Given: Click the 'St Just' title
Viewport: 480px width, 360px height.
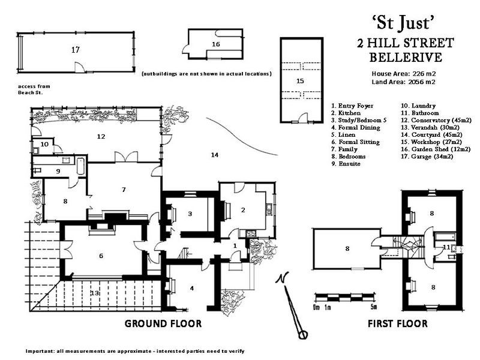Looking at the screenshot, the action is (403, 23).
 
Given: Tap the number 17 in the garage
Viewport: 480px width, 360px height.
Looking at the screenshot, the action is (76, 50).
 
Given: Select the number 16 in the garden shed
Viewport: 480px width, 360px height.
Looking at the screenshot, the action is (216, 44).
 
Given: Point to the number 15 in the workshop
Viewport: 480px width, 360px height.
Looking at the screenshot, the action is (301, 81).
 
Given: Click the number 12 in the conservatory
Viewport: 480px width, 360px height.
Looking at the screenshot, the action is (101, 137).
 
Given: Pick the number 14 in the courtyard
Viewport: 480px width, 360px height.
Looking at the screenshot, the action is (215, 155).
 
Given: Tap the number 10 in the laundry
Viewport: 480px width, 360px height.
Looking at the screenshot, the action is (44, 144).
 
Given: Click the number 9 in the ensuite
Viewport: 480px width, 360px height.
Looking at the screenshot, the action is (58, 172).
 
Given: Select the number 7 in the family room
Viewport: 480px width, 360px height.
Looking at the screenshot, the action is (124, 190).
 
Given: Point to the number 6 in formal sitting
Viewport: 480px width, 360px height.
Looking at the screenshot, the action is (101, 256).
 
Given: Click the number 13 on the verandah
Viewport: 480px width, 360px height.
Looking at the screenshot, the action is (95, 293).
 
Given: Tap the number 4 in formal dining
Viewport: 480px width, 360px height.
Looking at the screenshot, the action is (192, 289).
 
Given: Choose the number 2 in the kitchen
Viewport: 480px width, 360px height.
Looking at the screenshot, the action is (243, 210).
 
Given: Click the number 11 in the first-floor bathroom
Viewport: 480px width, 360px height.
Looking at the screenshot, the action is (446, 247).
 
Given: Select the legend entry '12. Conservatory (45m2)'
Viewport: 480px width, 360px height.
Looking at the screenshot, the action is (436, 121).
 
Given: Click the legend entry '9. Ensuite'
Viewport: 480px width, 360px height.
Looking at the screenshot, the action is (346, 164).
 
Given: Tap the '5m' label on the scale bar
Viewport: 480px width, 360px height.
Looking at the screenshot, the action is (373, 307).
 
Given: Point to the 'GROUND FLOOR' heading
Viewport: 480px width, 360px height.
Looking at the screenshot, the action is (163, 323).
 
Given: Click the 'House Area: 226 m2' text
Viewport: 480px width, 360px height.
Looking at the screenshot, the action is (404, 73).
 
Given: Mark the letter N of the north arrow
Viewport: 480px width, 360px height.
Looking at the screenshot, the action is (281, 278).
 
